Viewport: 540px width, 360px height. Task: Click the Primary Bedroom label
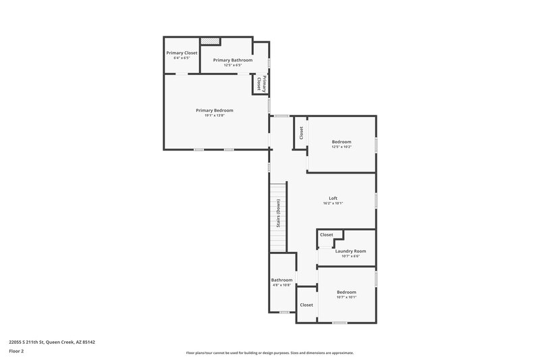pos(215,110)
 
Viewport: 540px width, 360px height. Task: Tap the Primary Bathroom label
pos(233,60)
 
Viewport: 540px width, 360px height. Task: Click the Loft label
pos(333,198)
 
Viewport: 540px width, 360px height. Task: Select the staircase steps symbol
pos(276,215)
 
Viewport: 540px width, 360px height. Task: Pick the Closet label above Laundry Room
pos(326,234)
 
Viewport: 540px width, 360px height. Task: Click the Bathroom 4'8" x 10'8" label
pos(281,280)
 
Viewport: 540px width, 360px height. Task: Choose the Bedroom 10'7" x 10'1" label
pos(346,292)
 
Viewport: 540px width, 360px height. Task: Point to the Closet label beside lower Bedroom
pos(306,305)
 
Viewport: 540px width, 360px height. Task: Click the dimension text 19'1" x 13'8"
pos(215,115)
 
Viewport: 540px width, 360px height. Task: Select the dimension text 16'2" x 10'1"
pos(333,203)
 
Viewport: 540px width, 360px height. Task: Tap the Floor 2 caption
pos(16,351)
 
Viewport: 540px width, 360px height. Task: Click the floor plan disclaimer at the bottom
pos(269,353)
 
